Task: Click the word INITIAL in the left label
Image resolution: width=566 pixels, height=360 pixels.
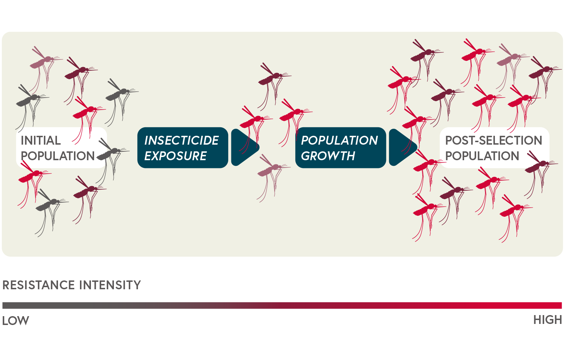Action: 41,140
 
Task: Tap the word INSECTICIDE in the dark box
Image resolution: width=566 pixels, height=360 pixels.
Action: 181,140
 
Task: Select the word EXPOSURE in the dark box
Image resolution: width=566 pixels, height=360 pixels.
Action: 175,156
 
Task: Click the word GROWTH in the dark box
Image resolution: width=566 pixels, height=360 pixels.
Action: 328,156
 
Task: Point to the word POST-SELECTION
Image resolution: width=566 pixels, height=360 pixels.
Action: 493,140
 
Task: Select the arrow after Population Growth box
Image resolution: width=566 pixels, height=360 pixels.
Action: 402,147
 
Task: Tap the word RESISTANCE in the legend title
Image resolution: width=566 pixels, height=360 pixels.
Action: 39,285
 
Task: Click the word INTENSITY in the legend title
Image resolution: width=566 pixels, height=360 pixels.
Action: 110,285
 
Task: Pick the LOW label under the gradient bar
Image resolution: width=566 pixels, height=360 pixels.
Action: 16,321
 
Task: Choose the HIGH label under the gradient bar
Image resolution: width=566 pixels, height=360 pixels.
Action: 548,320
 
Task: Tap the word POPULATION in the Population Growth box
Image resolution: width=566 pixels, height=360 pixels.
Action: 339,140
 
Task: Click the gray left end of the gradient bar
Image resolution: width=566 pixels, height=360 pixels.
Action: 4,305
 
